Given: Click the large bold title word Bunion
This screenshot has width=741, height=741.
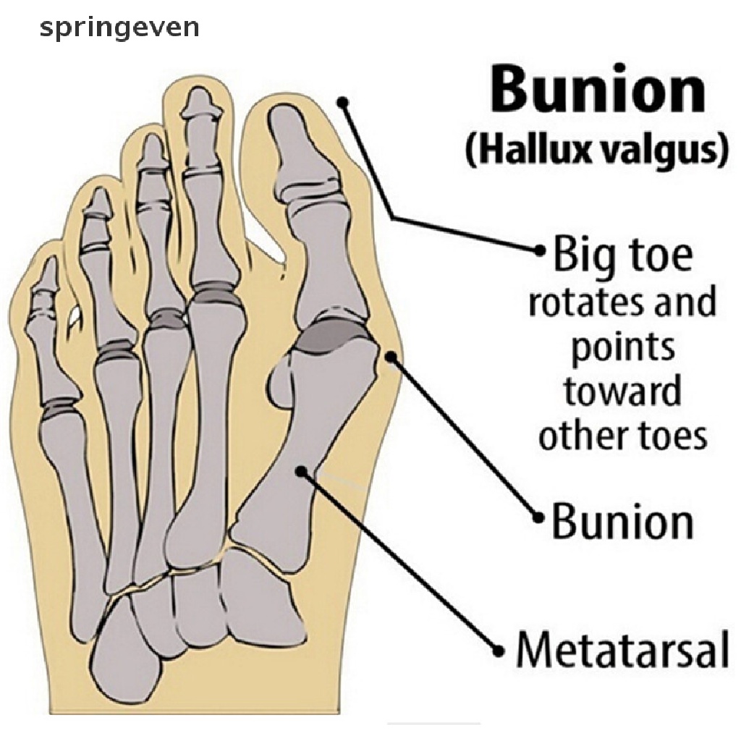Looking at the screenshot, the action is coord(597,92).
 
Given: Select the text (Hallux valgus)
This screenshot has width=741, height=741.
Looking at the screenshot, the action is coord(596,152).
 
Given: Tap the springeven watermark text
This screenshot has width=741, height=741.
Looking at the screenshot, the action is coord(119,27).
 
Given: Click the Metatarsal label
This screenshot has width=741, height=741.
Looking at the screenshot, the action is coord(622,648).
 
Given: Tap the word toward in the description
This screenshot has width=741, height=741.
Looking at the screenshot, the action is coord(622,391).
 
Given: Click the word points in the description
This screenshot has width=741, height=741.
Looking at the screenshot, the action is coord(622,348).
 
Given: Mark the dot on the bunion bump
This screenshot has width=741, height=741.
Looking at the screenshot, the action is coord(391,355).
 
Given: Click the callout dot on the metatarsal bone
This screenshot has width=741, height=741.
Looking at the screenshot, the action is coord(301,470).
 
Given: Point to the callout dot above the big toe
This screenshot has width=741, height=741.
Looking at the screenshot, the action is coord(345,103).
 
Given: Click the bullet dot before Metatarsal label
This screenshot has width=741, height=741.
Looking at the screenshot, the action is coord(498,649).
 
